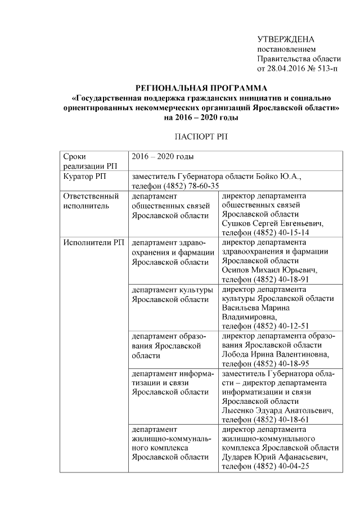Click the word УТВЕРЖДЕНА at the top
click(x=285, y=39)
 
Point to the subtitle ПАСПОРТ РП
click(x=201, y=136)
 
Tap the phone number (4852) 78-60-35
click(x=191, y=186)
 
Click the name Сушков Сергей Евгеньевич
click(x=273, y=224)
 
